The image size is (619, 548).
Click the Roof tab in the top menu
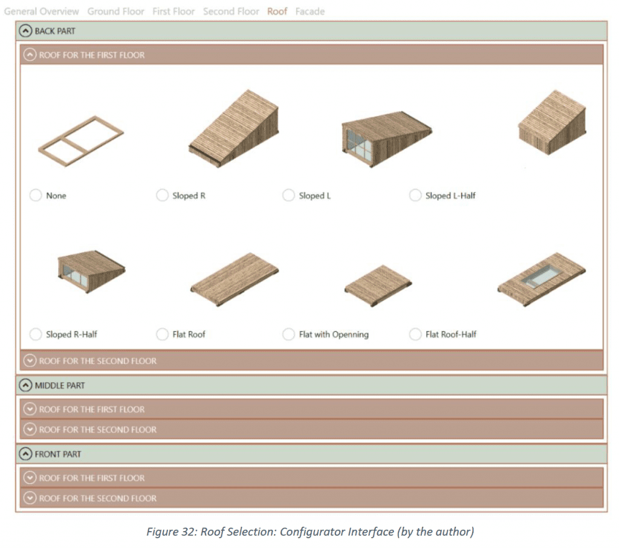(277, 11)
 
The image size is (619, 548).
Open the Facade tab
(309, 11)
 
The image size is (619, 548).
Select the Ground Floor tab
(115, 11)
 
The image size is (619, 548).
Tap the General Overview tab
(42, 11)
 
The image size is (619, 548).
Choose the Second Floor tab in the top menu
(231, 11)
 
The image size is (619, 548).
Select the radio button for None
(36, 195)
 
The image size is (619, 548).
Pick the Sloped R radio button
(162, 195)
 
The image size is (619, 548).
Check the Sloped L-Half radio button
(415, 195)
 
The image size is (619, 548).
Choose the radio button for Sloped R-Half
(36, 334)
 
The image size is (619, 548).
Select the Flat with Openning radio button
(289, 334)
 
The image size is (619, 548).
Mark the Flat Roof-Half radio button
(415, 334)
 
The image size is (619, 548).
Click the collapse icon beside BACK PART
(26, 31)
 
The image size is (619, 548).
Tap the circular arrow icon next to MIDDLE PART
(26, 385)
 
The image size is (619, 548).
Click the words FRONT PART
(58, 454)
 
